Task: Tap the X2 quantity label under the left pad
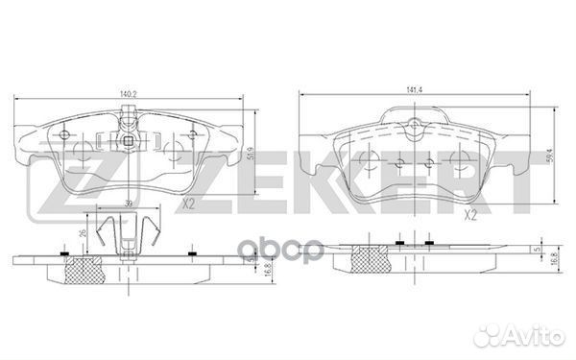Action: pyautogui.click(x=188, y=203)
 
